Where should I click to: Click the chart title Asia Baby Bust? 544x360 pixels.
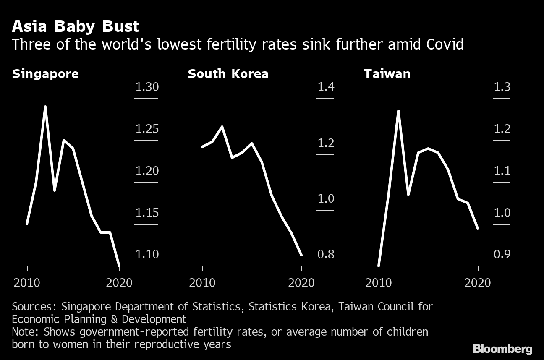point(76,26)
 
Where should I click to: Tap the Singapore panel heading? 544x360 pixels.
point(45,74)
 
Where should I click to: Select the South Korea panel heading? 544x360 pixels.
point(228,74)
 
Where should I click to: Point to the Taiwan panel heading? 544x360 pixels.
point(387,74)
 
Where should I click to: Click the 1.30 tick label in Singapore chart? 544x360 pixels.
point(147,87)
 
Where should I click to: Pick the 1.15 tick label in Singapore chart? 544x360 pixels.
point(147,213)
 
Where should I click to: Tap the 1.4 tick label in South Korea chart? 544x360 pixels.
point(326,87)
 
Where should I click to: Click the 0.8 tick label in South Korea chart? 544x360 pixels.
point(326,255)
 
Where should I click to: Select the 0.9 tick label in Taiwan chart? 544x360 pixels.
point(502,255)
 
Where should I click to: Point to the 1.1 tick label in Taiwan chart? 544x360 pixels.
point(502,171)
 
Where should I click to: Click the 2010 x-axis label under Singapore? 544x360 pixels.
point(27,283)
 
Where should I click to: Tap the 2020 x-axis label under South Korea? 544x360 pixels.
point(301,283)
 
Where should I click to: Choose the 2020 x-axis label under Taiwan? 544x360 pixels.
point(477,283)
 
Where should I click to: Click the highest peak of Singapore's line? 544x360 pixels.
point(45,107)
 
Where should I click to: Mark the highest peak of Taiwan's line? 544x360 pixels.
point(398,111)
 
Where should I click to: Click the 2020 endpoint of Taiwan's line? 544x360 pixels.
point(478,228)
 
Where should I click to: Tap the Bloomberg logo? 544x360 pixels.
point(502,349)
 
